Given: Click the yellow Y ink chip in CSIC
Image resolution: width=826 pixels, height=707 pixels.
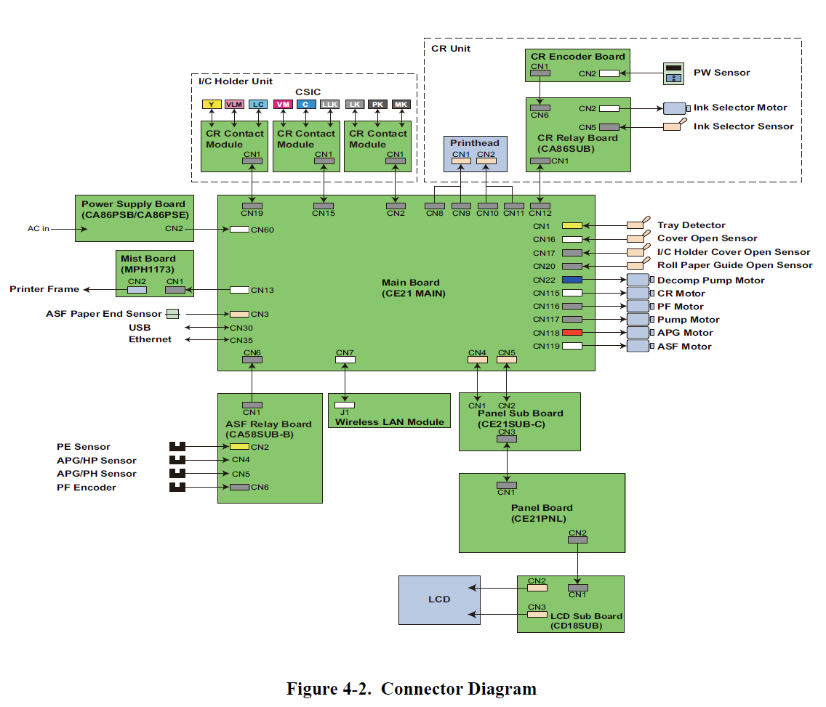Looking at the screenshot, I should pos(211,105).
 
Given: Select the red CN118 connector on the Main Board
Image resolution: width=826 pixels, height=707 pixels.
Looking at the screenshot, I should pos(572,333).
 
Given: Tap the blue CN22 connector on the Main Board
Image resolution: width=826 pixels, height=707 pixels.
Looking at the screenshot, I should pos(572,280).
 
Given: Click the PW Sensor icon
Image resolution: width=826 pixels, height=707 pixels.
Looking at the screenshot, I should pos(674,73).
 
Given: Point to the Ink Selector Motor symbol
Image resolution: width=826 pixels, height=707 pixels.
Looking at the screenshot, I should pos(675,108).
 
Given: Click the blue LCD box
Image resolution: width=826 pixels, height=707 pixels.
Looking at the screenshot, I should pos(439,599).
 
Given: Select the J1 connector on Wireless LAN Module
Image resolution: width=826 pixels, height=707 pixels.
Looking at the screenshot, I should pos(345,405).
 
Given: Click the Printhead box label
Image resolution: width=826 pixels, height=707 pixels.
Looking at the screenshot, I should pos(475,143).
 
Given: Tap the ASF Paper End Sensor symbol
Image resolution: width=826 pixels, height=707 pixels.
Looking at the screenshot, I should pos(172,314).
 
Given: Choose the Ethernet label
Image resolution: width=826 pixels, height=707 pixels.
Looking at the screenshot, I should pos(151,339).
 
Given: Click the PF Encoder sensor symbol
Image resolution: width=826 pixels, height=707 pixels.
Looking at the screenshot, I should pos(177,487).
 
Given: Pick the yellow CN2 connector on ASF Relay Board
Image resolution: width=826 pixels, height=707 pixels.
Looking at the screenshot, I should pos(240,446).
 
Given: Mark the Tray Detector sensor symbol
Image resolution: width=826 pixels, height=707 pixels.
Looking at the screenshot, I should pos(638,225).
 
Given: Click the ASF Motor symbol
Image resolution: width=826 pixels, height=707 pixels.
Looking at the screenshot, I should pos(638,346).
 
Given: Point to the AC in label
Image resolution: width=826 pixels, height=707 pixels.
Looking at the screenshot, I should pos(39,229).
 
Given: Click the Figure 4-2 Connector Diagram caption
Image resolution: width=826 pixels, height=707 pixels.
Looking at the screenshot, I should pos(412,689).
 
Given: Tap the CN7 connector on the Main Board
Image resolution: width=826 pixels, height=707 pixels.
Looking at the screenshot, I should pos(345,359).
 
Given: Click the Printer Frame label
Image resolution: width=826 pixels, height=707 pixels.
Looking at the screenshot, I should pos(44,289).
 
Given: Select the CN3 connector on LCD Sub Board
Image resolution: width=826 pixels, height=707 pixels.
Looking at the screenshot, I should pos(537,614).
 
